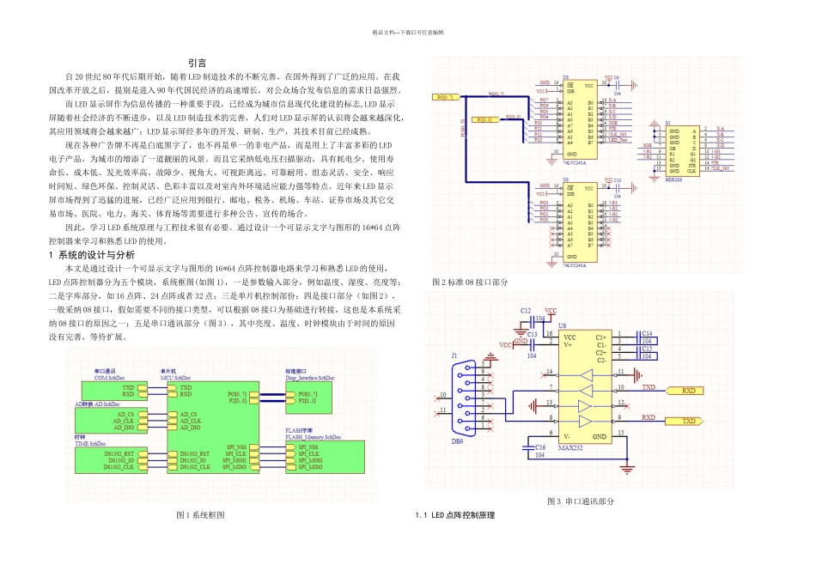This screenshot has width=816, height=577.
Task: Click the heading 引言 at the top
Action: (197, 63)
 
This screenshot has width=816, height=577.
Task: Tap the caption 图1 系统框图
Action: (200, 514)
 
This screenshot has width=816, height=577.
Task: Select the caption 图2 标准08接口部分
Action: (471, 282)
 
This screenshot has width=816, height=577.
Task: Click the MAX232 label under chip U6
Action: (570, 447)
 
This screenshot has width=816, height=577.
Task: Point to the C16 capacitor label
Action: (539, 447)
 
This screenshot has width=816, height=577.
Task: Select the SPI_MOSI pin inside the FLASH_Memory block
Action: (310, 460)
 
